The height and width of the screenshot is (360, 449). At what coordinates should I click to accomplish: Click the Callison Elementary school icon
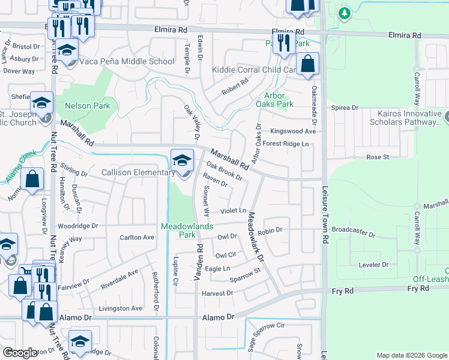pyautogui.click(x=182, y=160)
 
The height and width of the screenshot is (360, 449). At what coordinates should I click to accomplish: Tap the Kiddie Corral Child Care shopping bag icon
pyautogui.click(x=307, y=65)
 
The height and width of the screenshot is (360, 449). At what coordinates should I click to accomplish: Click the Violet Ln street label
pyautogui.click(x=234, y=211)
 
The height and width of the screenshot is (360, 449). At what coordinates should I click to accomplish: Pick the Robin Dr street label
pyautogui.click(x=270, y=230)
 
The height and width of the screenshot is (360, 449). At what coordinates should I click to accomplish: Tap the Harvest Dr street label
pyautogui.click(x=217, y=293)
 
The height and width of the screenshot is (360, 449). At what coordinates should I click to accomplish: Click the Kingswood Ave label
pyautogui.click(x=293, y=131)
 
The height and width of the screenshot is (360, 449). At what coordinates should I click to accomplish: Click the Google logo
pyautogui.click(x=20, y=353)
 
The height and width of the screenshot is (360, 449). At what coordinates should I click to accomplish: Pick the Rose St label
pyautogui.click(x=378, y=157)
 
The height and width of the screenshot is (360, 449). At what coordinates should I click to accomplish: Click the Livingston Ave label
pyautogui.click(x=121, y=308)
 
